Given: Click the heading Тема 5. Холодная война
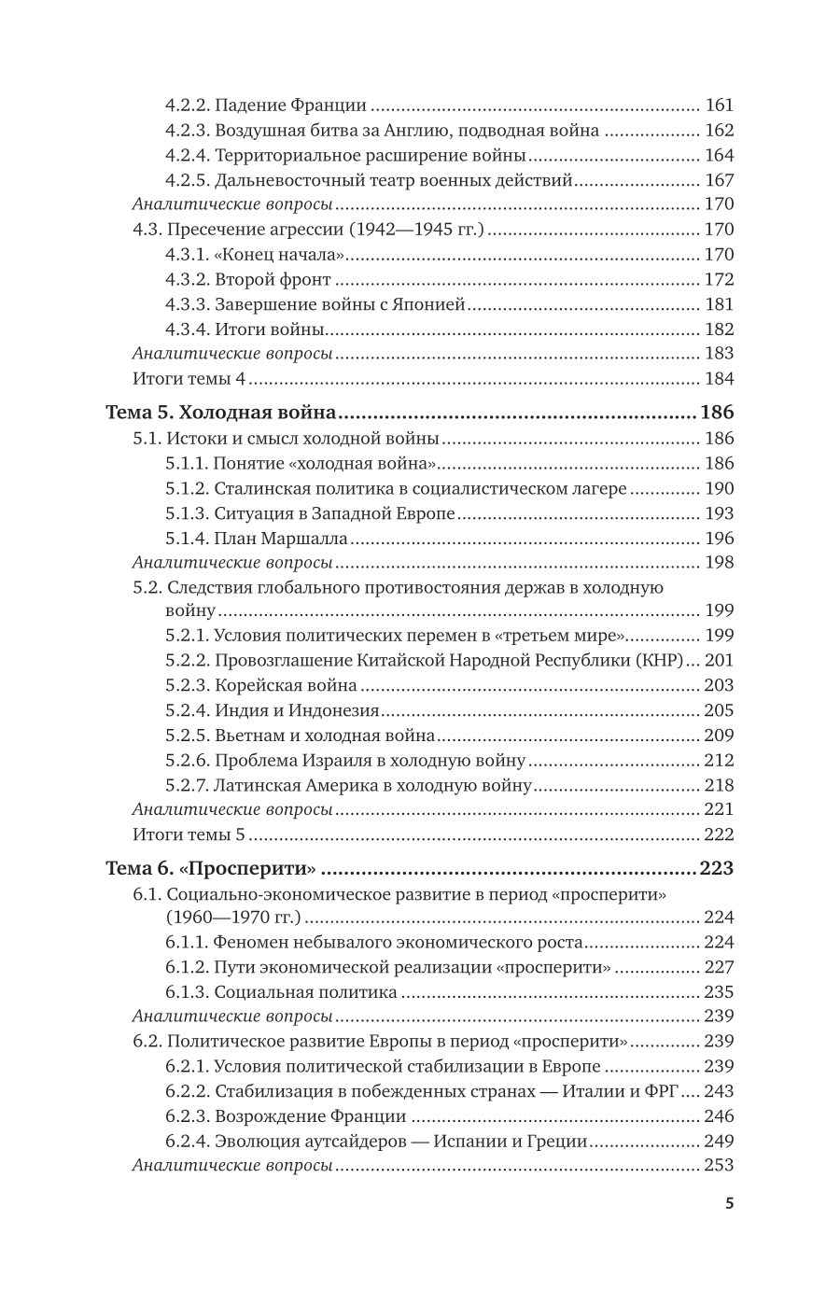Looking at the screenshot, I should click(x=221, y=413).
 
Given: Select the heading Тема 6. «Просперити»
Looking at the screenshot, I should click(x=210, y=868).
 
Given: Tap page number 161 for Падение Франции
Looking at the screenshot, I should click(x=720, y=105).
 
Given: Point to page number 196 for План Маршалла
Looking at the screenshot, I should click(x=720, y=538).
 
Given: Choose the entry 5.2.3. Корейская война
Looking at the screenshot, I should click(x=261, y=685).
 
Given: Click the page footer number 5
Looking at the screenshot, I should click(x=729, y=1203).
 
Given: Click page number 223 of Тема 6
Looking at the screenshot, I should click(x=717, y=868).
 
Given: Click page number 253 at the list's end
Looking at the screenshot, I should click(x=720, y=1165).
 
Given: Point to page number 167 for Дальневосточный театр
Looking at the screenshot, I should click(x=720, y=180).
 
